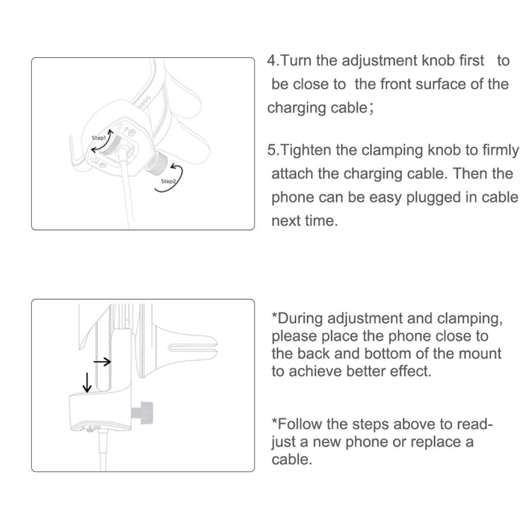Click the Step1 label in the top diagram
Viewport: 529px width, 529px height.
coord(99,138)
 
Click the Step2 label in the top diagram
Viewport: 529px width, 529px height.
coord(169,181)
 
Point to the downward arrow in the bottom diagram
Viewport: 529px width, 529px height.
coord(87,382)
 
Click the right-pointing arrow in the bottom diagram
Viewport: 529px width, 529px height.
coord(102,362)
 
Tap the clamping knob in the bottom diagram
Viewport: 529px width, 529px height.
coord(142,413)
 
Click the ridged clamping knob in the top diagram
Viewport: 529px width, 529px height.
coord(156,162)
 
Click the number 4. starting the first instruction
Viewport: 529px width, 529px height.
coord(274,61)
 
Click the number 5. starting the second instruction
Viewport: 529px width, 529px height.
coord(274,150)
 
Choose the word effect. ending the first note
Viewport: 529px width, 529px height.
coord(411,372)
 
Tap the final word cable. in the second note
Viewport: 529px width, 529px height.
coord(292,459)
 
